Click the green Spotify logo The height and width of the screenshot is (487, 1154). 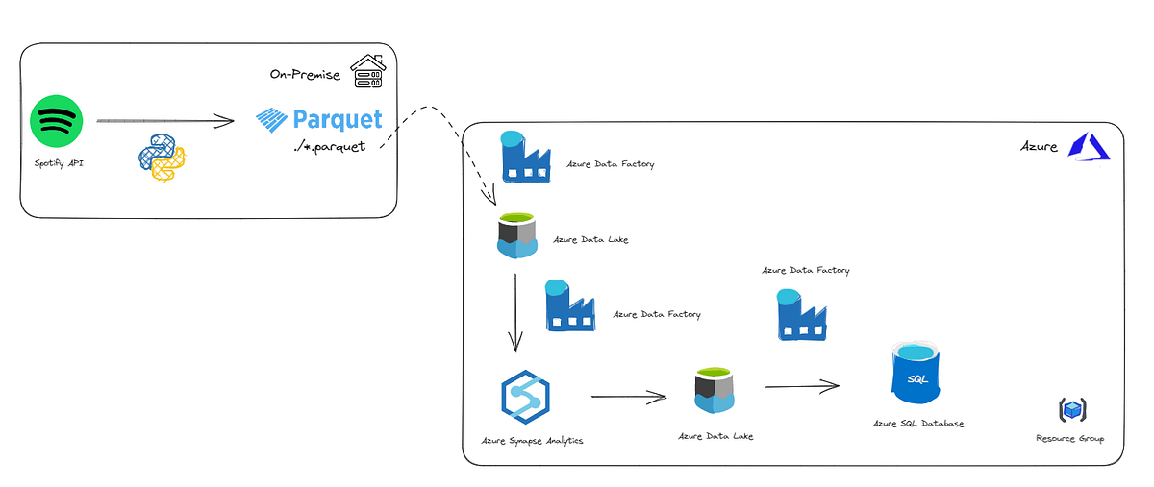pos(57,123)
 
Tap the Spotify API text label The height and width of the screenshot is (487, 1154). pos(57,164)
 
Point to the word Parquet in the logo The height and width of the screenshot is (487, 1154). pos(337,120)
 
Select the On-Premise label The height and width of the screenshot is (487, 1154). pos(305,74)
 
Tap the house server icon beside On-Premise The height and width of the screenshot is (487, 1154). pos(366,71)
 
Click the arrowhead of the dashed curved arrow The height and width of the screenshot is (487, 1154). pos(490,199)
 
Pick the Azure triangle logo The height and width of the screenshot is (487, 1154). pos(1091,146)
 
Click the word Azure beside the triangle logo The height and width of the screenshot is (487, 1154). pos(1039,147)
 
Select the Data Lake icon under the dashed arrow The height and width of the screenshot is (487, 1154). pos(516,236)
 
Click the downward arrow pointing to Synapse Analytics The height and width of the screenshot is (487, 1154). pos(515,312)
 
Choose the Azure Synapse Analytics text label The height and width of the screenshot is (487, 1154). pos(532,441)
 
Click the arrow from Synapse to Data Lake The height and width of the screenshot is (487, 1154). pos(629,396)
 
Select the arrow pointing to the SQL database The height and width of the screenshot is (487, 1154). pos(801,386)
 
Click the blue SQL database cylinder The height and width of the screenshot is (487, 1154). pos(917,377)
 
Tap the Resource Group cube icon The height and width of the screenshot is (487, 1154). pos(1071,410)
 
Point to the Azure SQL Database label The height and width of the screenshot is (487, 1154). pos(917,424)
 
